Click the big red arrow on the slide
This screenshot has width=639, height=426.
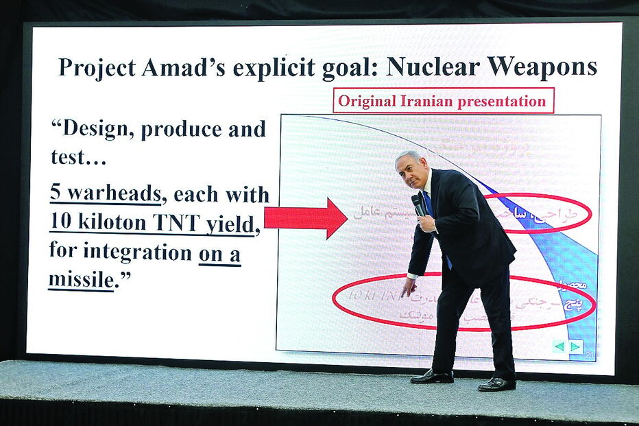click(306, 217)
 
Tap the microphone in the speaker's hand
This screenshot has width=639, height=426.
click(418, 204)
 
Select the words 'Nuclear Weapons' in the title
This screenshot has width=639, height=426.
click(492, 67)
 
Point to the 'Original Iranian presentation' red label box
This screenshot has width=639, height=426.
click(443, 101)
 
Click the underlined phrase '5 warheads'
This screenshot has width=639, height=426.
click(106, 194)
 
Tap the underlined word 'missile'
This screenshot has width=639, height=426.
click(80, 279)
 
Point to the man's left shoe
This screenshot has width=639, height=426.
click(497, 383)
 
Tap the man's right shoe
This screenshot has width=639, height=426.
click(432, 377)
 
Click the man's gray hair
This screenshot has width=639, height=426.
click(410, 157)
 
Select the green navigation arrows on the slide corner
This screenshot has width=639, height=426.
click(568, 346)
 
